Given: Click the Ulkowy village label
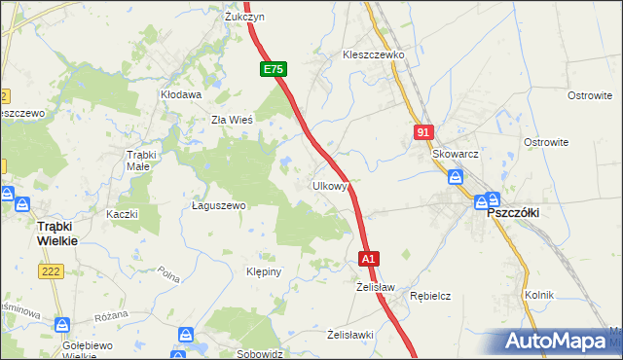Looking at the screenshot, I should tap(330, 186).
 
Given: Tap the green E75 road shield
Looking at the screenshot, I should tap(274, 70).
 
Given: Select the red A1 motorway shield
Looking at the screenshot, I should tap(369, 260).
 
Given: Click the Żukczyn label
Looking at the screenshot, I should tap(244, 17).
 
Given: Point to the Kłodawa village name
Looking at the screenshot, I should tap(180, 95).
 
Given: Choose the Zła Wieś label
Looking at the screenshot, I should tap(233, 120).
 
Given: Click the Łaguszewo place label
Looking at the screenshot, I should tap(218, 206).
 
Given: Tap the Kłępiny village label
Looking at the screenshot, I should tap(264, 271).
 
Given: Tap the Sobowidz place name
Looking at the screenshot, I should tap(259, 353).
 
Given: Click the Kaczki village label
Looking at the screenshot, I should tap(123, 214).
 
